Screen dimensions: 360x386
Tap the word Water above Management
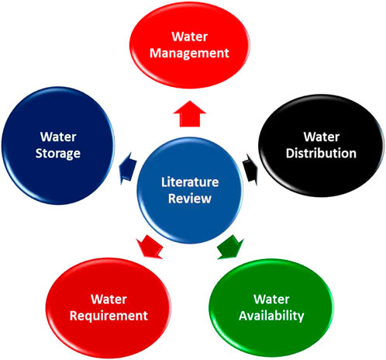[x=195, y=37]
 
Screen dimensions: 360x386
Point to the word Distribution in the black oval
[x=320, y=154]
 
